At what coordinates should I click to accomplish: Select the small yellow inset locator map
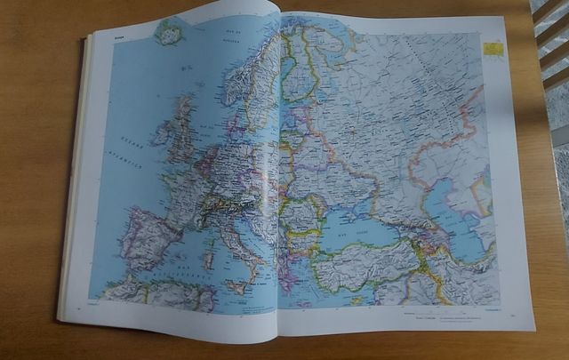pyautogui.click(x=492, y=47)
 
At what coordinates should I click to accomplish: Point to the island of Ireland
pyautogui.click(x=164, y=133)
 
